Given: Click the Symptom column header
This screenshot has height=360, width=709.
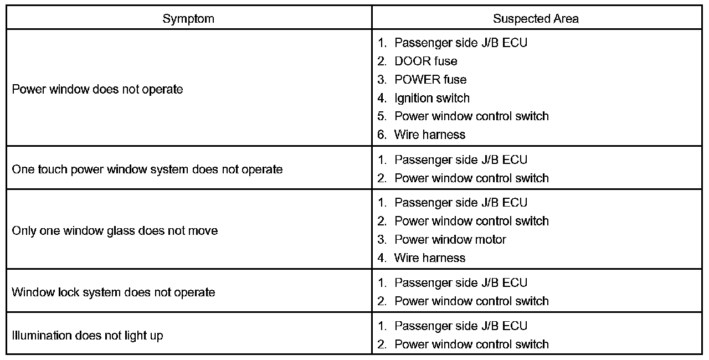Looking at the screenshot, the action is pyautogui.click(x=188, y=18).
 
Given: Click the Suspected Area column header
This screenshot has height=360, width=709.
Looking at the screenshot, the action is pyautogui.click(x=536, y=18).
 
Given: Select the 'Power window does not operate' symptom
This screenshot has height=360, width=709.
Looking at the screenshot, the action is pyautogui.click(x=97, y=89).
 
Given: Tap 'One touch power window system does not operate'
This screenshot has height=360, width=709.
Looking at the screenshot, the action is pyautogui.click(x=147, y=169).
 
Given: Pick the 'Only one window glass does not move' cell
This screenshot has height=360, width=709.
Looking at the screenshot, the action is pyautogui.click(x=115, y=230).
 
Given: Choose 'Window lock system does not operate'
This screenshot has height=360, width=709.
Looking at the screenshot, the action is pyautogui.click(x=114, y=292).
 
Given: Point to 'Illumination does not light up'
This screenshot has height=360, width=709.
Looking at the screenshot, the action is pyautogui.click(x=88, y=335).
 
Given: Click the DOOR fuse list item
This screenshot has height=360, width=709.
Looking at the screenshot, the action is pyautogui.click(x=425, y=61).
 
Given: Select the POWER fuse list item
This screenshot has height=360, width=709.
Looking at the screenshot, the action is pyautogui.click(x=430, y=79).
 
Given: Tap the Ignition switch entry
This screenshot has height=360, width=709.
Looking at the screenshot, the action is pyautogui.click(x=431, y=98).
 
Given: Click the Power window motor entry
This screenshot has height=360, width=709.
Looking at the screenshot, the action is pyautogui.click(x=450, y=239).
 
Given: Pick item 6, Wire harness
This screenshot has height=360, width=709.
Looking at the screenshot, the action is pyautogui.click(x=429, y=135).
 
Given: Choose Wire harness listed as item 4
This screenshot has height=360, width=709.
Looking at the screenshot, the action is pyautogui.click(x=429, y=258).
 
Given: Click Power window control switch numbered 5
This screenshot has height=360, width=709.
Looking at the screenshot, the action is pyautogui.click(x=471, y=116).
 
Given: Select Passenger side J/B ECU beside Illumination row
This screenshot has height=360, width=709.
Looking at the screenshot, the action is pyautogui.click(x=460, y=326).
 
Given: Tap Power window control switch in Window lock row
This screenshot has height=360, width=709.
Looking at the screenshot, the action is pyautogui.click(x=471, y=301).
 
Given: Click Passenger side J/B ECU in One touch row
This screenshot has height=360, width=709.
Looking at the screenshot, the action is pyautogui.click(x=460, y=160).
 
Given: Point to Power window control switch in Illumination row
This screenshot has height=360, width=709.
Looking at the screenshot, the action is pyautogui.click(x=471, y=344).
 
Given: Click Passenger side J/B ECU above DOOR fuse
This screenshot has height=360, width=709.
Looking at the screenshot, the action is pyautogui.click(x=460, y=43).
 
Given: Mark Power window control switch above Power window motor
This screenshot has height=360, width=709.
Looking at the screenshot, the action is pyautogui.click(x=471, y=221).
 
